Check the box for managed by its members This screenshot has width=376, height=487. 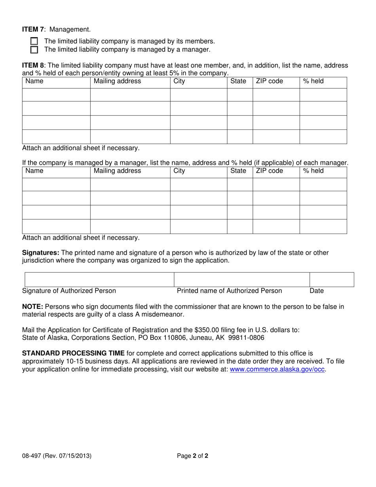pyautogui.click(x=34, y=41)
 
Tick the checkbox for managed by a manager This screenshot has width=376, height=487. pyautogui.click(x=34, y=50)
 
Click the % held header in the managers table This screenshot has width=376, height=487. pyautogui.click(x=313, y=171)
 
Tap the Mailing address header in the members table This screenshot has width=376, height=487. pyautogui.click(x=116, y=82)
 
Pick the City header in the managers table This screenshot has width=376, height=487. pyautogui.click(x=179, y=171)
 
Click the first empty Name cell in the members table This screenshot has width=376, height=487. pyautogui.click(x=56, y=95)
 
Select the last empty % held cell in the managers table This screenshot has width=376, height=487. pyautogui.click(x=323, y=226)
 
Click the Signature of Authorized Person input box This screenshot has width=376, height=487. pyautogui.click(x=99, y=280)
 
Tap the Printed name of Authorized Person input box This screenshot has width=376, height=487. pyautogui.click(x=241, y=280)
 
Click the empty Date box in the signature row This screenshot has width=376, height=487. pyautogui.click(x=332, y=280)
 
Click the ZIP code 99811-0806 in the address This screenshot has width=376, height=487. pyautogui.click(x=248, y=338)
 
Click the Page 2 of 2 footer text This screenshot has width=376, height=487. pyautogui.click(x=192, y=456)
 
